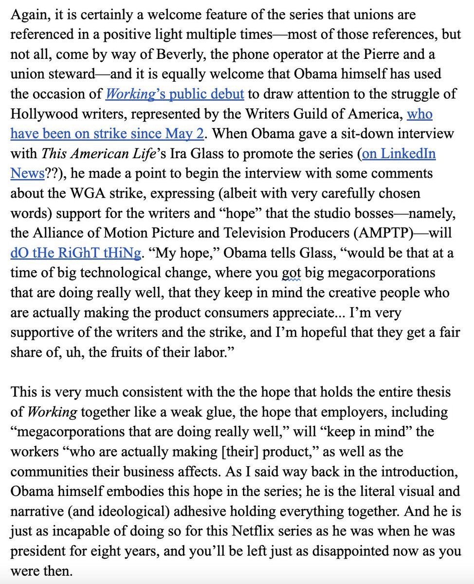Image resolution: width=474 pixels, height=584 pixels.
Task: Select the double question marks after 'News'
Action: click(52, 173)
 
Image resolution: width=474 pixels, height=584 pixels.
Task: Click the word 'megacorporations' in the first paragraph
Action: click(382, 273)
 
